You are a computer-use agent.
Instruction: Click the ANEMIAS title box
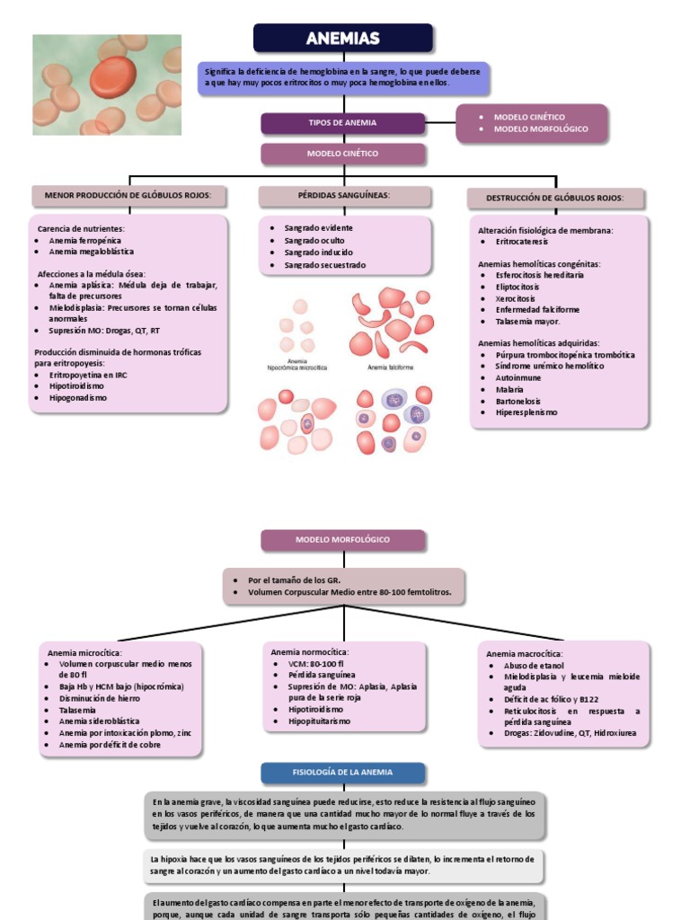(x=343, y=39)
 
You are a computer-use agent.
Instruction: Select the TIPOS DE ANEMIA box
(x=343, y=123)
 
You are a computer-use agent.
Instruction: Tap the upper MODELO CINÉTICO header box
(x=343, y=154)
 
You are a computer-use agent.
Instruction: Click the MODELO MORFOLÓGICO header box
(x=343, y=540)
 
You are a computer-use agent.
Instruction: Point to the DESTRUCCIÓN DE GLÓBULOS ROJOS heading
(x=556, y=198)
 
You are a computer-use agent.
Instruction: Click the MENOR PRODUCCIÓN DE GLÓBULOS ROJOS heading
(x=128, y=196)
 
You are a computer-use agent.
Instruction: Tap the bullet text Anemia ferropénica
(x=84, y=241)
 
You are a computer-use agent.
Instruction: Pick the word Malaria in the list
(x=509, y=389)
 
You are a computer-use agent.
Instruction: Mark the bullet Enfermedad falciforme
(x=537, y=309)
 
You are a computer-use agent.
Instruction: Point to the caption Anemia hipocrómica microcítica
(x=297, y=366)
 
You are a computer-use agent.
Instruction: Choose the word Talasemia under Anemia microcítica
(x=77, y=710)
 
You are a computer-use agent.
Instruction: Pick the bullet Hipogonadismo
(x=78, y=397)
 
